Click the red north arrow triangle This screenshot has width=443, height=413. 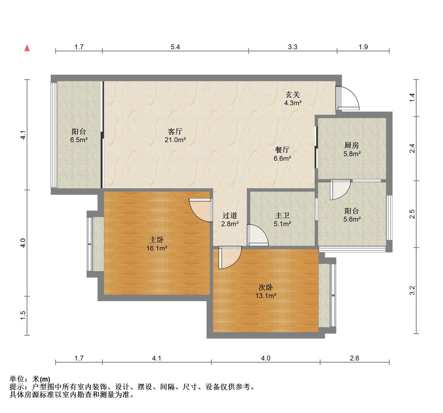pyautogui.click(x=27, y=48)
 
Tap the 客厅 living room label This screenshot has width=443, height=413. pyautogui.click(x=175, y=131)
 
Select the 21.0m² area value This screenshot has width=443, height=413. pyautogui.click(x=175, y=140)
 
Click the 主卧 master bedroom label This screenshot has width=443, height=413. pyautogui.click(x=157, y=240)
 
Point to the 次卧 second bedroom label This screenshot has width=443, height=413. pyautogui.click(x=266, y=287)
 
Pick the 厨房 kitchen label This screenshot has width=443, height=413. pyautogui.click(x=352, y=145)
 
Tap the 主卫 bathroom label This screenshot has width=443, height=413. pyautogui.click(x=282, y=215)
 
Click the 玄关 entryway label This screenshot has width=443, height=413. pyautogui.click(x=293, y=94)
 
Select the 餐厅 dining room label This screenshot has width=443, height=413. pyautogui.click(x=282, y=150)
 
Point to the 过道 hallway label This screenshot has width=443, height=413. pyautogui.click(x=230, y=215)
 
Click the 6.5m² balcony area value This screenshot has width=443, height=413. pyautogui.click(x=79, y=140)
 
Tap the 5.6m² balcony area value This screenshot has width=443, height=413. pyautogui.click(x=352, y=219)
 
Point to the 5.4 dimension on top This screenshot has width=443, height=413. pyautogui.click(x=175, y=47)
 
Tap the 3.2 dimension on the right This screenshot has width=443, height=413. pyautogui.click(x=412, y=290)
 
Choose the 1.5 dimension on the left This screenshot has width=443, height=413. pyautogui.click(x=23, y=315)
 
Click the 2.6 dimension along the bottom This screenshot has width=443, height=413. pyautogui.click(x=354, y=358)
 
